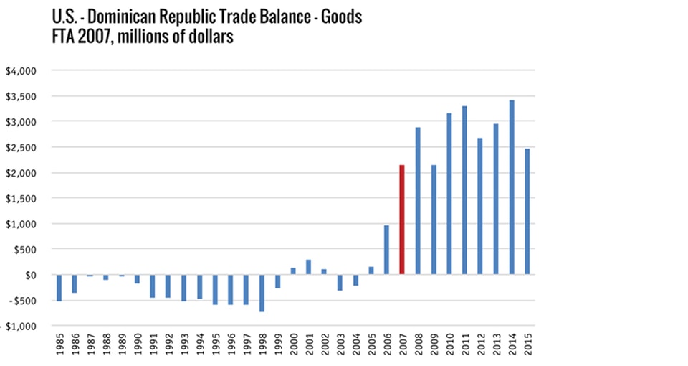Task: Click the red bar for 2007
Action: click(402, 220)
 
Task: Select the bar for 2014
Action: click(512, 187)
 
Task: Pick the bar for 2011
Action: click(464, 190)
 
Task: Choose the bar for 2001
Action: click(308, 267)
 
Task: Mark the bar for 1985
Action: click(59, 287)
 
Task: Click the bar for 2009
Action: click(434, 220)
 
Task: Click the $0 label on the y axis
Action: click(30, 275)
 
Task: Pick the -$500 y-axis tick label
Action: click(21, 301)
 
